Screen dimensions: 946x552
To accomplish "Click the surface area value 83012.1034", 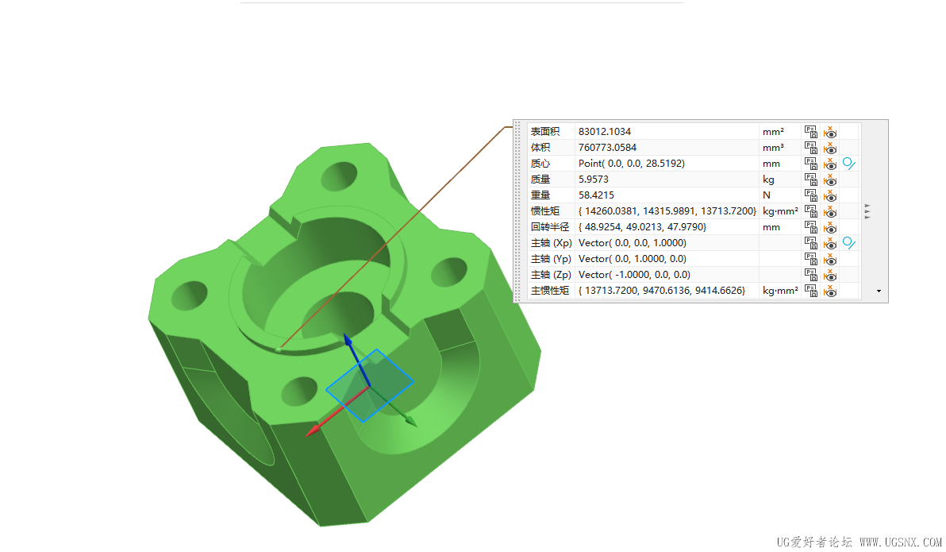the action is point(605,132).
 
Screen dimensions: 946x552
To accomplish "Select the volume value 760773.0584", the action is point(607,148).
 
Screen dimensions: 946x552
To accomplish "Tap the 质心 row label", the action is point(540,164).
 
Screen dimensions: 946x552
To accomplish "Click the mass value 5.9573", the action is point(593,179).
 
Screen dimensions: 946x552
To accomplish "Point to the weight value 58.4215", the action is point(596,195).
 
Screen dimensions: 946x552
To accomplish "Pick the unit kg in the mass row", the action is point(768,179).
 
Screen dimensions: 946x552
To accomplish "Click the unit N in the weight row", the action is point(766,195).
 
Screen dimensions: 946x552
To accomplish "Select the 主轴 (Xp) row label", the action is point(551,243).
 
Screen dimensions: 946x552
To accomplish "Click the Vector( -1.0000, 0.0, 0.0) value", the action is point(634,275).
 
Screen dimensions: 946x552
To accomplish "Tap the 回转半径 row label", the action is point(550,227).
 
